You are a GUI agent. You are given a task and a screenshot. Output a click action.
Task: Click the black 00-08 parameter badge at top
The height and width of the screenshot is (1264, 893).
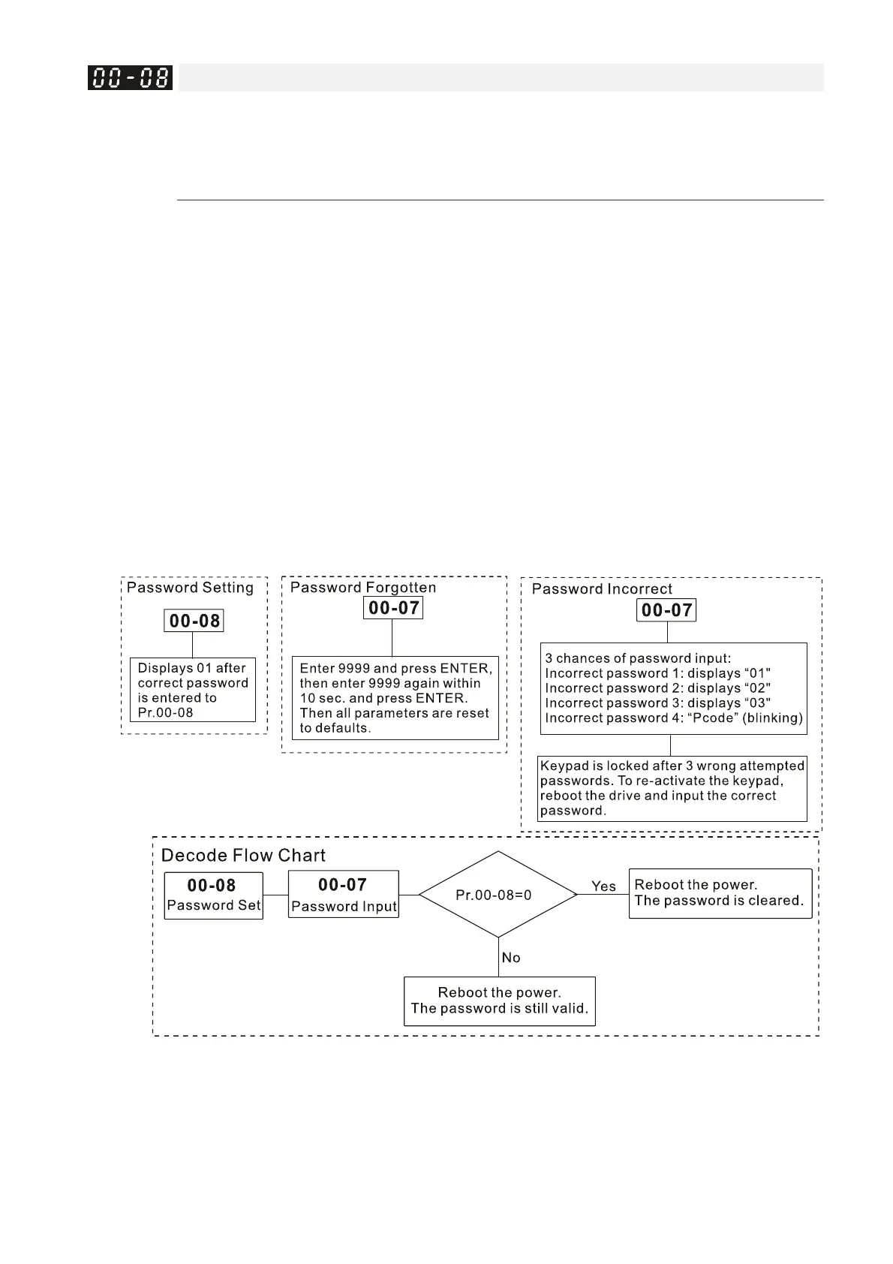point(130,77)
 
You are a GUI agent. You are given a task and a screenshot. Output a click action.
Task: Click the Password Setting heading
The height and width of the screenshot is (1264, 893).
point(190,588)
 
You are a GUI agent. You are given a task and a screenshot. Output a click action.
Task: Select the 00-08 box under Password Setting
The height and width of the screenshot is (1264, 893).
point(194,621)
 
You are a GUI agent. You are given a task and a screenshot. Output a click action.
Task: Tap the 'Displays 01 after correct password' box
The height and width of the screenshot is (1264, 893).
point(193,690)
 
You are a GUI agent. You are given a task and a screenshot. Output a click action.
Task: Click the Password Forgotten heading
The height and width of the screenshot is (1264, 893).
point(363,588)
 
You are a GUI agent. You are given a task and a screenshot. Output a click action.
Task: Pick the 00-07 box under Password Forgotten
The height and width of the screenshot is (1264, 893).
point(393,608)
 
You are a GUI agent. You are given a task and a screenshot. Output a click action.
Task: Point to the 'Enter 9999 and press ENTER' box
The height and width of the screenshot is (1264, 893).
point(395,698)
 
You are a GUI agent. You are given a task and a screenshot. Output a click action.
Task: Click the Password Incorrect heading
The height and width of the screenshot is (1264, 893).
point(602,589)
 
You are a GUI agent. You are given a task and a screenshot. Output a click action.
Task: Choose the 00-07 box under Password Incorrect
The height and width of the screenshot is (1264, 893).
point(666,610)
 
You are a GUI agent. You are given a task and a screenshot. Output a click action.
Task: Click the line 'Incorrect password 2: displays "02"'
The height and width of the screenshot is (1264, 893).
point(657,688)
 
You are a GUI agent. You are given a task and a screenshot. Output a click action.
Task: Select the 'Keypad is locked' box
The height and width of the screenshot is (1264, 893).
point(672,788)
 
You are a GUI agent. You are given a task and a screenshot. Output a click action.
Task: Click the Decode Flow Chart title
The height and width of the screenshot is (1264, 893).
point(243,856)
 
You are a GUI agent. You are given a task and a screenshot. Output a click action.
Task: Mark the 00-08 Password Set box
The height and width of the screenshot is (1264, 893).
point(213,895)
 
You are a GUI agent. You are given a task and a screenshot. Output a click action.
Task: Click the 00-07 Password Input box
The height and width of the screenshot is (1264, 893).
point(343,895)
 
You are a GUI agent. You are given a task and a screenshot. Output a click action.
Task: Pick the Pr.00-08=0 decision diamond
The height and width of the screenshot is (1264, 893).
point(498,895)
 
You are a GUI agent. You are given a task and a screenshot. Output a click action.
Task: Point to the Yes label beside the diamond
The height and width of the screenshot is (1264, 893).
point(603,886)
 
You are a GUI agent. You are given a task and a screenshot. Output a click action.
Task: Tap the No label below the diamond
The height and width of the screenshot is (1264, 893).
point(511,958)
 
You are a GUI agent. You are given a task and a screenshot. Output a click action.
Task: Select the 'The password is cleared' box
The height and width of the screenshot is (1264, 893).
point(720,893)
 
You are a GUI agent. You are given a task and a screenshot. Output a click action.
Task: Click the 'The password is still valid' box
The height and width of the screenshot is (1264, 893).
point(499,1001)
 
